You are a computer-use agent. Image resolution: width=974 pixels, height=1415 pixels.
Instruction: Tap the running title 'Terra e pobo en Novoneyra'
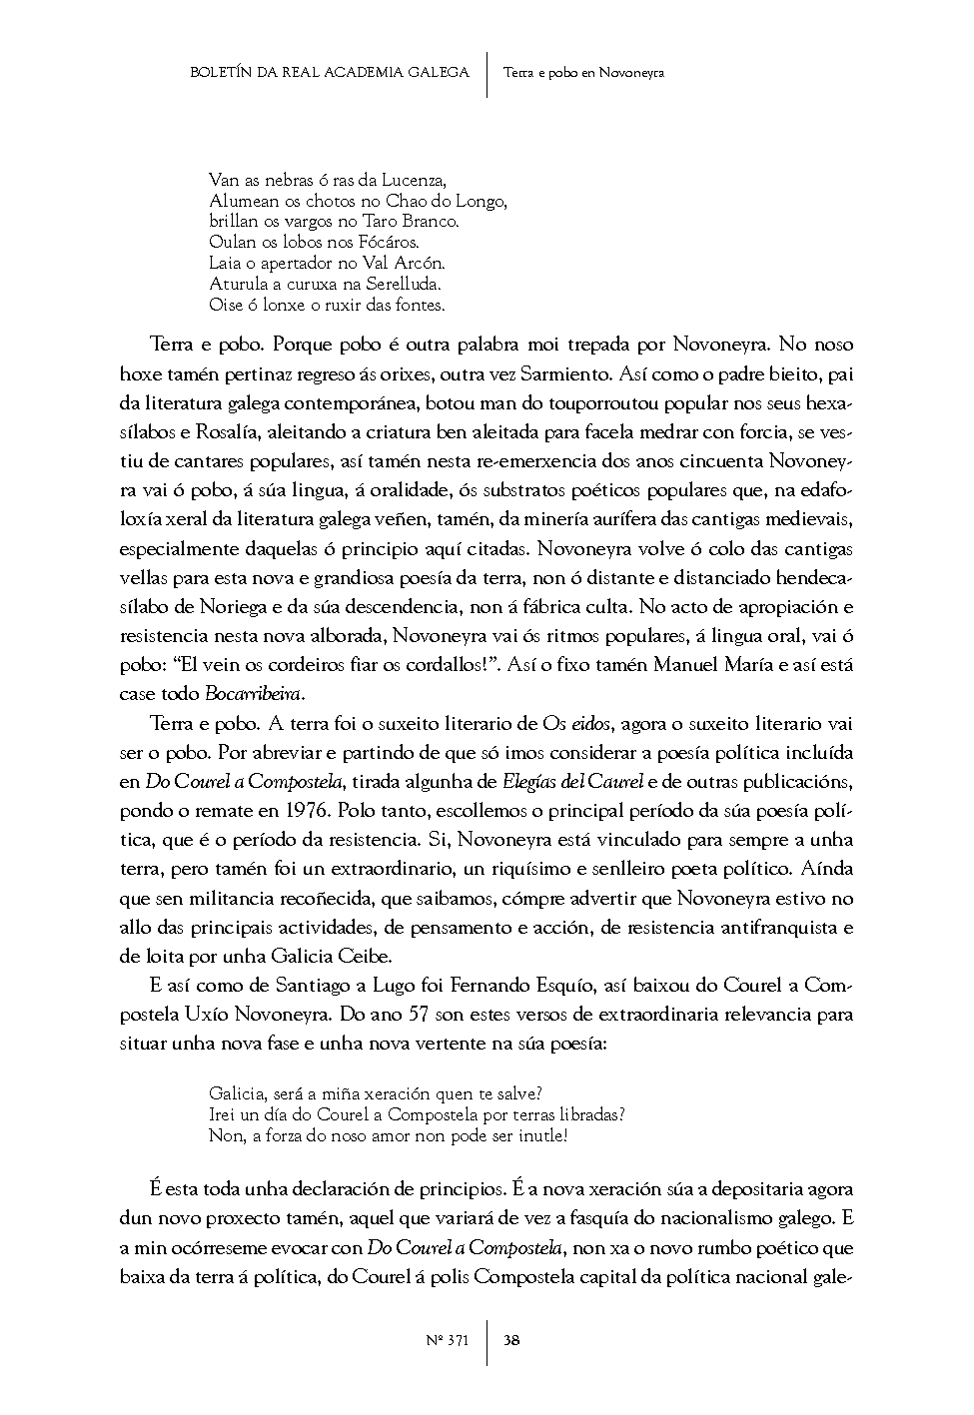(x=584, y=72)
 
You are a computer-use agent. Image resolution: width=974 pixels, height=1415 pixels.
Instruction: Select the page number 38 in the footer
(x=511, y=1340)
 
